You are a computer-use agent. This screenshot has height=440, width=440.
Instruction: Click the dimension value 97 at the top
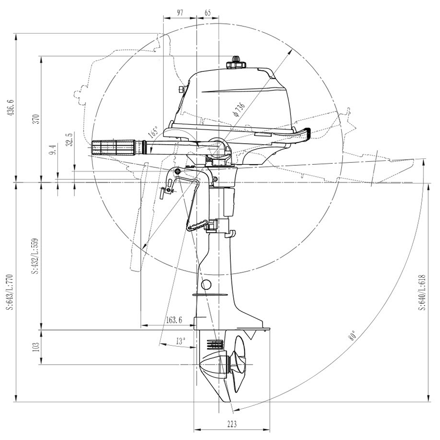pos(179,13)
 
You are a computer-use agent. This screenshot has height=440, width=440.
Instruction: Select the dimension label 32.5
pos(69,139)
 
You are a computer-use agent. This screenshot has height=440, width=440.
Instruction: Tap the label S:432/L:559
pos(35,257)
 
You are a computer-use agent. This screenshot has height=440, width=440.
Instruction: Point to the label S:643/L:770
pos(8,292)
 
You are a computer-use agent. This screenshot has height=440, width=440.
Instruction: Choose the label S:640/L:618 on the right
pos(422,292)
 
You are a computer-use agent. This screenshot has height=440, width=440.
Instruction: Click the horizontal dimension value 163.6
pos(174,321)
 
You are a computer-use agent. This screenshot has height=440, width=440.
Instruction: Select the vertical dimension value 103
pos(35,347)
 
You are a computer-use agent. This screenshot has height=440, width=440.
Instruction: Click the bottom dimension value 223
pos(231,424)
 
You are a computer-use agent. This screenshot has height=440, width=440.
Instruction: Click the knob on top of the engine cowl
pos(235,64)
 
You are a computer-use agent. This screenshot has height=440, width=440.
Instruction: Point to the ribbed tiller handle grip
pos(114,147)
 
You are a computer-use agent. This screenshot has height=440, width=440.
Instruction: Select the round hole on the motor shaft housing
pos(207,285)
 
